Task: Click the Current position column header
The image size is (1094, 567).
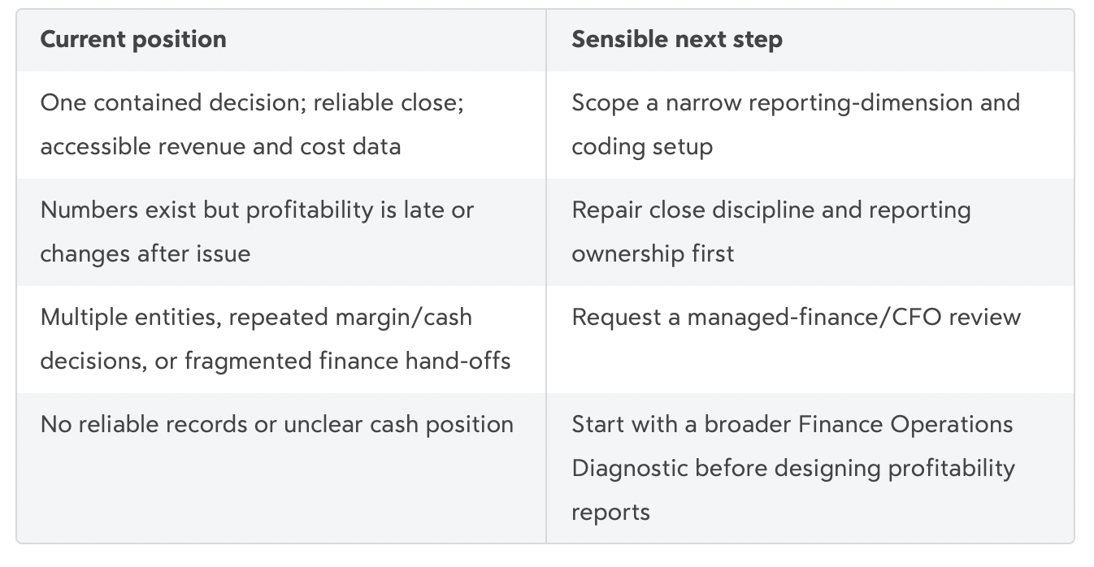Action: point(133,40)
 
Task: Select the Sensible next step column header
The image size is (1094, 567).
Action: point(677,40)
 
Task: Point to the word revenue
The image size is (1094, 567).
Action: point(202,147)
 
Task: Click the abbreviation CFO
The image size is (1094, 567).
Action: point(914,318)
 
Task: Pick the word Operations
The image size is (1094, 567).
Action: point(952,425)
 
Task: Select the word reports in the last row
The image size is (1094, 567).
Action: point(610,513)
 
